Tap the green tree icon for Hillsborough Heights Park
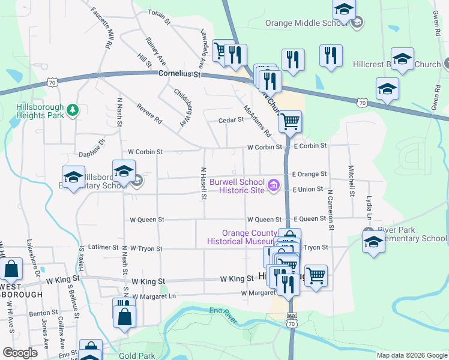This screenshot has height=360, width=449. click(72, 110)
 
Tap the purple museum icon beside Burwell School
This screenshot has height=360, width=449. click(274, 185)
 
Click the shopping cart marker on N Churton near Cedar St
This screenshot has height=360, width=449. click(290, 121)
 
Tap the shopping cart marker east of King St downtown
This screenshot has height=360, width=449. click(316, 275)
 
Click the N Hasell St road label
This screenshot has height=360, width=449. click(204, 183)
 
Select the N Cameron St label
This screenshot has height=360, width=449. click(330, 210)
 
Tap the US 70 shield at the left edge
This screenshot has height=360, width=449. click(53, 83)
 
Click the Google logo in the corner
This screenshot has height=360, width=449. click(20, 353)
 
